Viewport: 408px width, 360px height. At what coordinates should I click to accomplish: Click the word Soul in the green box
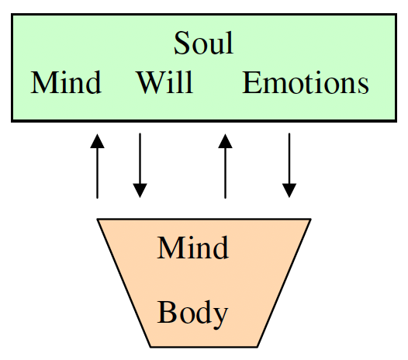(203, 43)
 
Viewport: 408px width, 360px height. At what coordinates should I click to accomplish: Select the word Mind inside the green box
(66, 83)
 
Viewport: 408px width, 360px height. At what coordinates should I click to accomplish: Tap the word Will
(164, 83)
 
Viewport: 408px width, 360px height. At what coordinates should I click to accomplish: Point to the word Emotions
(306, 83)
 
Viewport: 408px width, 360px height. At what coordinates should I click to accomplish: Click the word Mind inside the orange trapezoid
(192, 249)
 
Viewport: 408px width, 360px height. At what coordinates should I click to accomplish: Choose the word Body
(192, 313)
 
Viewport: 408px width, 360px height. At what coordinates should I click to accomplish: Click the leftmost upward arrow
(97, 166)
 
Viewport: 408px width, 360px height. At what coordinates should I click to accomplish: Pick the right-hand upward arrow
(226, 166)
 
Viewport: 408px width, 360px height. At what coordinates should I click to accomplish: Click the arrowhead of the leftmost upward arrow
(97, 140)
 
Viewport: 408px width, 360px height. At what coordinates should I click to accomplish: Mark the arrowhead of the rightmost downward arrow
(289, 190)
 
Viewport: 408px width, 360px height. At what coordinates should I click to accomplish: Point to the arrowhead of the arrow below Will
(140, 190)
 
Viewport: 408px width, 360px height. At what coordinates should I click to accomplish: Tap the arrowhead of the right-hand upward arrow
(226, 140)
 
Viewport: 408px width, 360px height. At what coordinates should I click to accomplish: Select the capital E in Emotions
(251, 83)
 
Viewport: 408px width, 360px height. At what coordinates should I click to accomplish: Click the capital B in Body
(165, 313)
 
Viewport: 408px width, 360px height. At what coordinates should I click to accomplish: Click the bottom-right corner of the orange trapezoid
(258, 345)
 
